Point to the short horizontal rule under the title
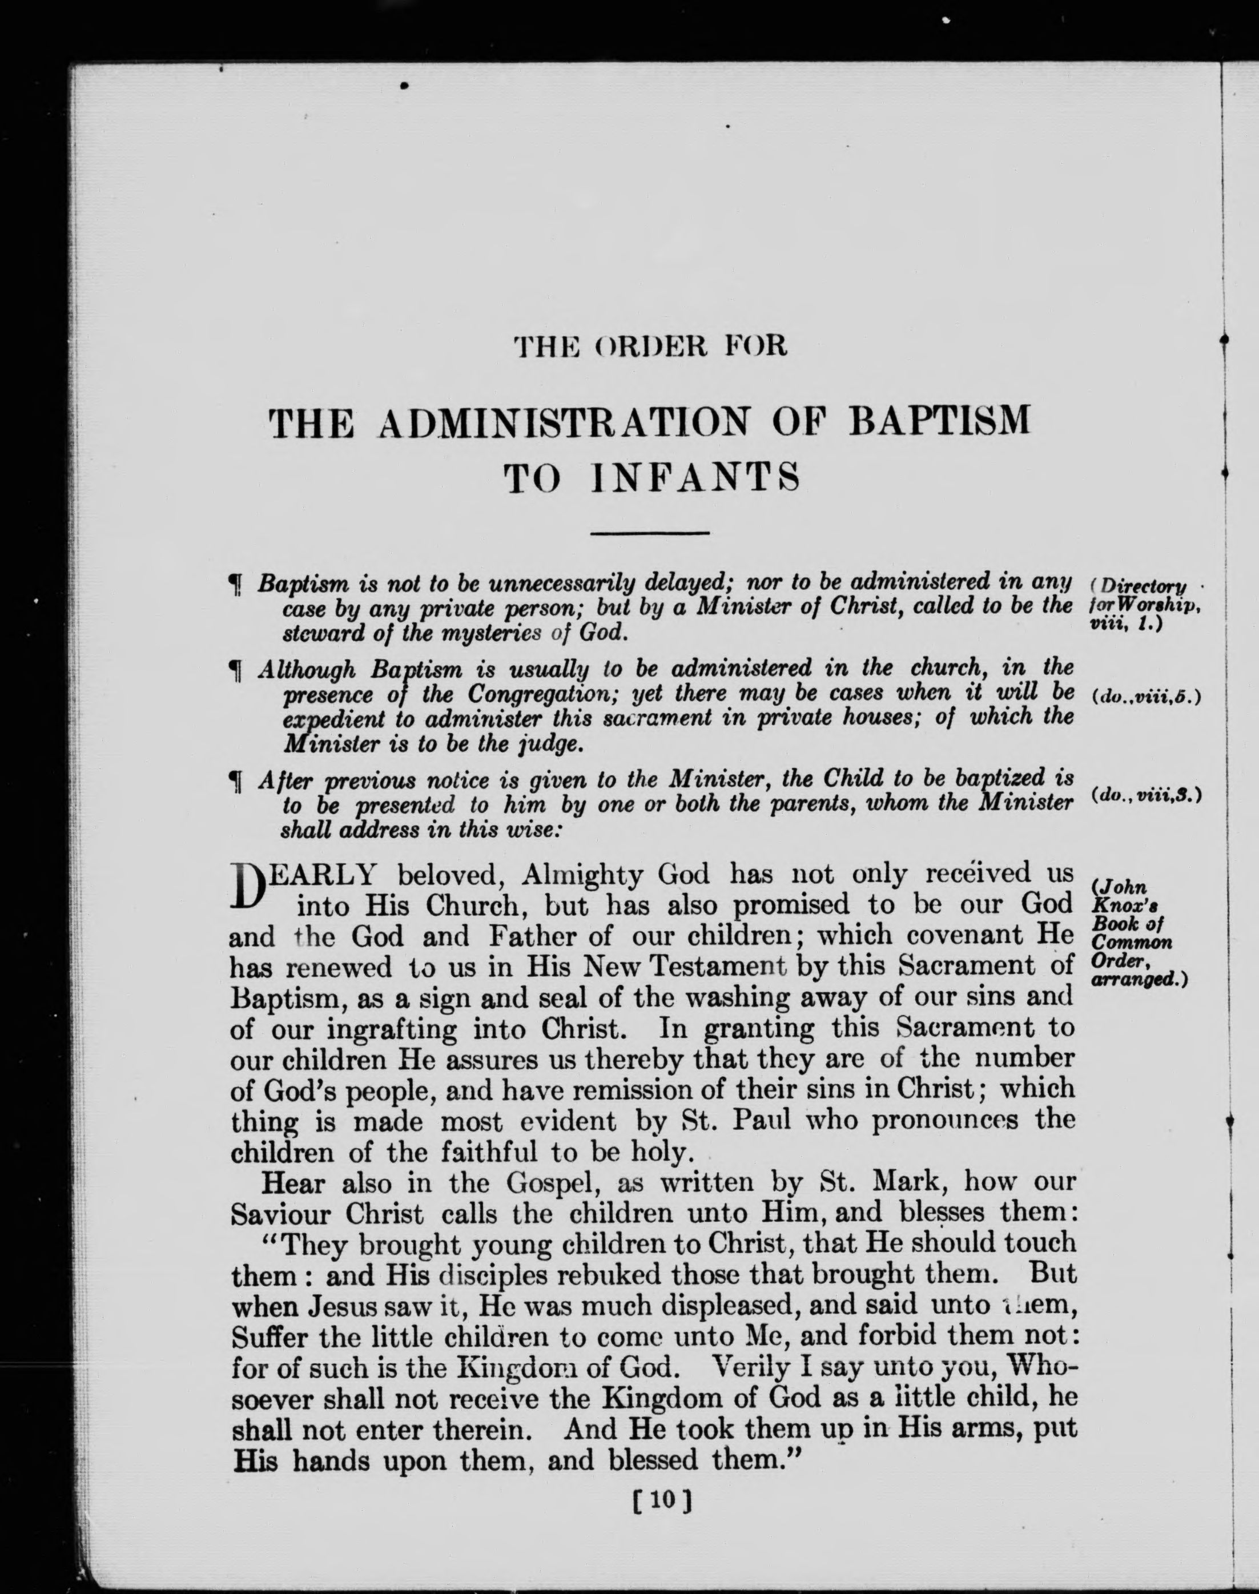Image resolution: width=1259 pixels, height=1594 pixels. click(650, 533)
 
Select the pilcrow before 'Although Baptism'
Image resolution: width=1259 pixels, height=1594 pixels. click(236, 671)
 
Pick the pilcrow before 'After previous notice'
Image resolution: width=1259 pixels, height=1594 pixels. click(236, 780)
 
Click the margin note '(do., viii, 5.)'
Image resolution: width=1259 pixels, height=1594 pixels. click(1145, 697)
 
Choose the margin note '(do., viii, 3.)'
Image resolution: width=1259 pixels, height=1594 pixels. click(1145, 796)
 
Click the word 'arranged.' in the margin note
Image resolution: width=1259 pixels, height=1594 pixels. click(1135, 981)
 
